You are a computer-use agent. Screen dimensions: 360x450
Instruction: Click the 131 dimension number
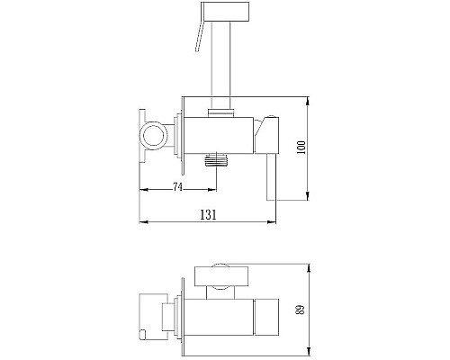(x=209, y=215)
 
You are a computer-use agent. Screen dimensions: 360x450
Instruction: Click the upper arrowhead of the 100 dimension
(x=310, y=96)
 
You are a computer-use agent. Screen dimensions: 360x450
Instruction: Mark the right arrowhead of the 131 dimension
(x=272, y=220)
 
